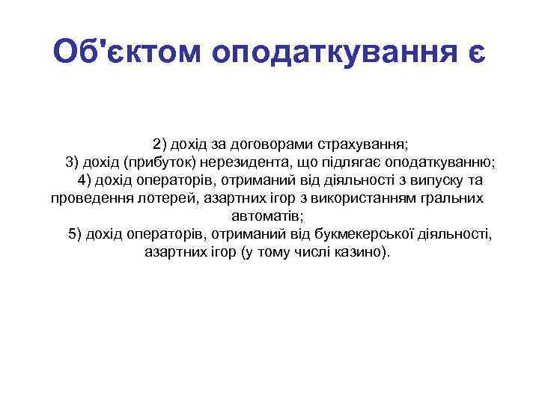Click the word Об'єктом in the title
pyautogui.click(x=127, y=52)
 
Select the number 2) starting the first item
pyautogui.click(x=161, y=143)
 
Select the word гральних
pyautogui.click(x=447, y=199)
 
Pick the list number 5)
pyautogui.click(x=76, y=235)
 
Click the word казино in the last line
pyautogui.click(x=362, y=253)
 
